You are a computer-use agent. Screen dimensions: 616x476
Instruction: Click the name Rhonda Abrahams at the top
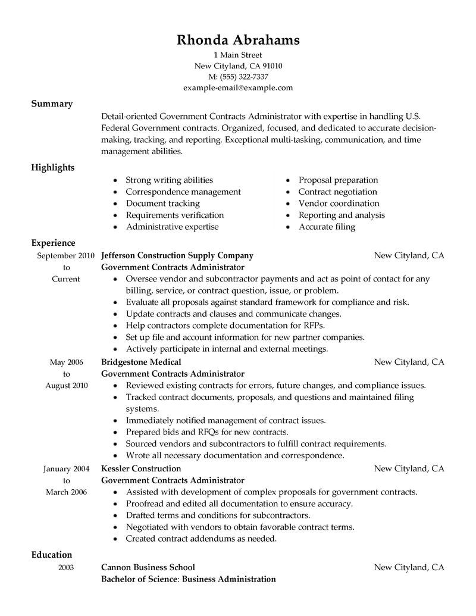[x=238, y=40]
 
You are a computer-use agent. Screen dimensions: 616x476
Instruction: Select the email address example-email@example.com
[x=238, y=87]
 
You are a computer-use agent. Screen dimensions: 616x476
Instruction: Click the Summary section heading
[x=52, y=104]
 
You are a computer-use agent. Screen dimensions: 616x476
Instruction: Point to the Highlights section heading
[x=53, y=167]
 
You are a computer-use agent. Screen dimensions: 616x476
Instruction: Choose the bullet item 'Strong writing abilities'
[x=169, y=180]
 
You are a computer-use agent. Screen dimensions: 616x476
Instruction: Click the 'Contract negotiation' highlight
[x=337, y=192]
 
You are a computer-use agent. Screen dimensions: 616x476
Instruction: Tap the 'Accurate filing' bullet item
[x=327, y=227]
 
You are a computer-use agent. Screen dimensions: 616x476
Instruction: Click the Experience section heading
[x=54, y=243]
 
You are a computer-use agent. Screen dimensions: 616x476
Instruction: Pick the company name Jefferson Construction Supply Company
[x=177, y=255]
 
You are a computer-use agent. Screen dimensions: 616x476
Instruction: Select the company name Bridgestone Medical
[x=141, y=362]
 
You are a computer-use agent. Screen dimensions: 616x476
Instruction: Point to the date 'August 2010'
[x=67, y=385]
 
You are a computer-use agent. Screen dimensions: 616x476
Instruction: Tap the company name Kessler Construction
[x=141, y=468]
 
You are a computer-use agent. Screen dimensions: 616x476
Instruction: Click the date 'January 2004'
[x=67, y=468]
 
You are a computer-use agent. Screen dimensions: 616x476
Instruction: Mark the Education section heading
[x=52, y=555]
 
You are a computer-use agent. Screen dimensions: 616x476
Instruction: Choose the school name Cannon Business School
[x=148, y=567]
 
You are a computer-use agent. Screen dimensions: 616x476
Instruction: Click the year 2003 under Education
[x=66, y=567]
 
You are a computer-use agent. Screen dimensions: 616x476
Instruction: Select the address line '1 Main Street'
[x=238, y=55]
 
